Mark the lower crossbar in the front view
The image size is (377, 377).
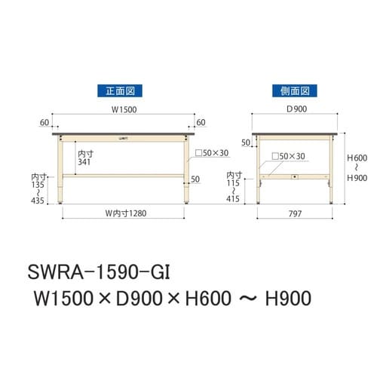click(x=124, y=175)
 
